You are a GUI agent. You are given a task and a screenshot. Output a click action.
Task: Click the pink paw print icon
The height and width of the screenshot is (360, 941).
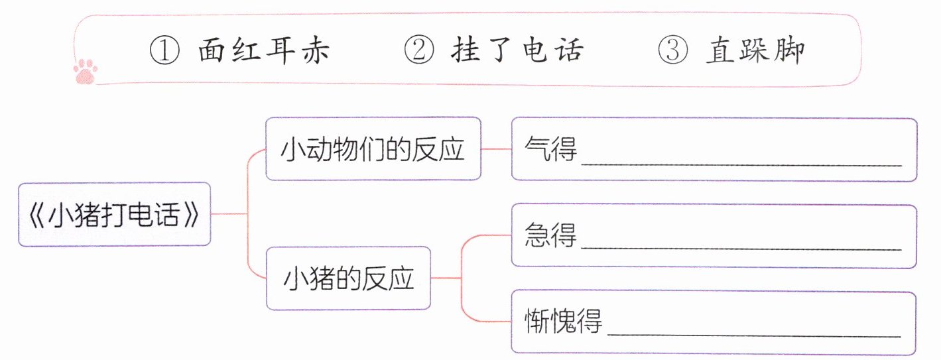[86, 70]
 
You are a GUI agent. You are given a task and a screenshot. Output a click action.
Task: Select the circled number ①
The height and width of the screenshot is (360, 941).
[165, 50]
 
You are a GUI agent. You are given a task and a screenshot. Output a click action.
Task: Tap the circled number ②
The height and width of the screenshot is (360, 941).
[418, 50]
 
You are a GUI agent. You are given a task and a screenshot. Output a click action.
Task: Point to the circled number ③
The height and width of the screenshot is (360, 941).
[672, 50]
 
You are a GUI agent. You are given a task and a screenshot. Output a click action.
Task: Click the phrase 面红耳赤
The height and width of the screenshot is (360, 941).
[263, 50]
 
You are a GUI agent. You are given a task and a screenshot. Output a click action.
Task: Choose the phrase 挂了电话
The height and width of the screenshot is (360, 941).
[517, 50]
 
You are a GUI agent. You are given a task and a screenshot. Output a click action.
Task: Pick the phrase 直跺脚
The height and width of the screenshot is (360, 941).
[755, 50]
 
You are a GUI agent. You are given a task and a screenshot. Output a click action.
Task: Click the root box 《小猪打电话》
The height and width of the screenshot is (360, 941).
[115, 215]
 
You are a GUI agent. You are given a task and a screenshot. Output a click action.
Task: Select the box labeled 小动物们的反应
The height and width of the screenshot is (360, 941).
[373, 149]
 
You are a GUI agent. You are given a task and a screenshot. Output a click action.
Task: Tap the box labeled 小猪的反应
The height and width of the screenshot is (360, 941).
[348, 278]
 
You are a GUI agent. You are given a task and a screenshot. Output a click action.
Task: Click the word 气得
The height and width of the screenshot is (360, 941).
[550, 150]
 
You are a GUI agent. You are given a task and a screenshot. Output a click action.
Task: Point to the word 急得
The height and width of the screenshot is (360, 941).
[550, 235]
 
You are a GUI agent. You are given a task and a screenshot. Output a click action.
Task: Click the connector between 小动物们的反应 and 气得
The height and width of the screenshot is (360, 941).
[496, 149]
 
